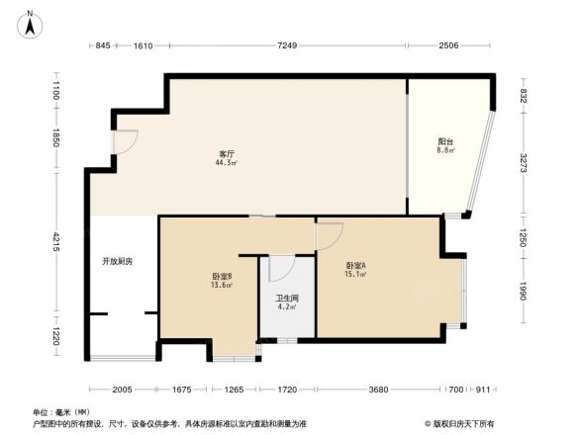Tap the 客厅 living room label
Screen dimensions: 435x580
(x=227, y=152)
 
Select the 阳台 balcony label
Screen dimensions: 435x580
(x=445, y=142)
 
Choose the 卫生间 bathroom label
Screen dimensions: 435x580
(x=287, y=299)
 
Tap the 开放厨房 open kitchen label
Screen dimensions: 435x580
(x=116, y=262)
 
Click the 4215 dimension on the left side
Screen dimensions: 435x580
(x=56, y=240)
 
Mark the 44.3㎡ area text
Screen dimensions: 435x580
(x=227, y=162)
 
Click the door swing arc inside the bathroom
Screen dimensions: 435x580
(x=281, y=267)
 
